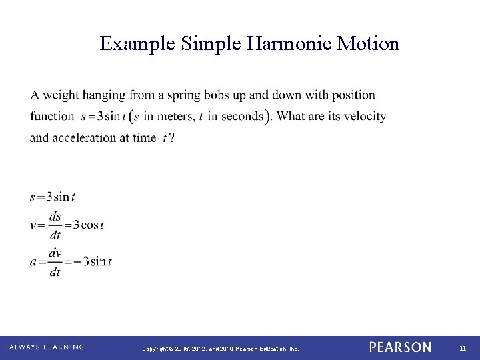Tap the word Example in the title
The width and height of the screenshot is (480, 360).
tap(137, 44)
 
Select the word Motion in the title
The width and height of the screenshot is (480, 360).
tap(368, 44)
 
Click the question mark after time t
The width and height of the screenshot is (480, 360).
tap(172, 138)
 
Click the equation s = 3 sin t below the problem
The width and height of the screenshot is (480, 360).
tap(53, 197)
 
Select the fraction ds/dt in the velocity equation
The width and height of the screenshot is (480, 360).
tap(55, 225)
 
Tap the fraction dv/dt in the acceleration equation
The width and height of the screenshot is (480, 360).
tap(55, 262)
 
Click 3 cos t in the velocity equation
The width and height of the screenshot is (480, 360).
tap(88, 225)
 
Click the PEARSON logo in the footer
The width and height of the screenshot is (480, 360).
tap(400, 347)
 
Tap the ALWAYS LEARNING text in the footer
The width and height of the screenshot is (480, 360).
tap(47, 347)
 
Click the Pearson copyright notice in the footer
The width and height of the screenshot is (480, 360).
tap(221, 348)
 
